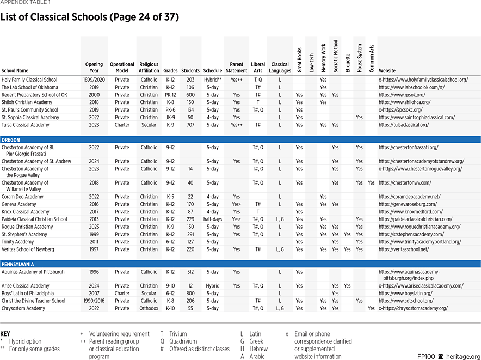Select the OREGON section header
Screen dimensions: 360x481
click(11, 140)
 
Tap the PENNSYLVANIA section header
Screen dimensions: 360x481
click(18, 264)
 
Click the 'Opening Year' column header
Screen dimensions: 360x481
click(94, 67)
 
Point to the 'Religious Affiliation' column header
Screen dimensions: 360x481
click(149, 67)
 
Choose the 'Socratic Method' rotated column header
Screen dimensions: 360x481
click(335, 56)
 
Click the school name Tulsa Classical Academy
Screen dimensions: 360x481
click(26, 125)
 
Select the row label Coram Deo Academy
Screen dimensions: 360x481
click(22, 197)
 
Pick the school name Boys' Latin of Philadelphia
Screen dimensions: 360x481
click(28, 293)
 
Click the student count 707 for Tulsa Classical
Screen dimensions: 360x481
click(190, 125)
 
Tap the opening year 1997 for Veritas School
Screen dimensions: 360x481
click(94, 249)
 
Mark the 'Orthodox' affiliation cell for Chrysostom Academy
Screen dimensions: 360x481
click(149, 308)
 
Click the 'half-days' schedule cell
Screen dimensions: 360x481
click(212, 219)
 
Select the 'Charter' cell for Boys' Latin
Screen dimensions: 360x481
click(122, 293)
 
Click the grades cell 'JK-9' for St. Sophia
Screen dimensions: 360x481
click(170, 117)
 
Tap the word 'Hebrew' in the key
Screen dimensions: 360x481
click(259, 349)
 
